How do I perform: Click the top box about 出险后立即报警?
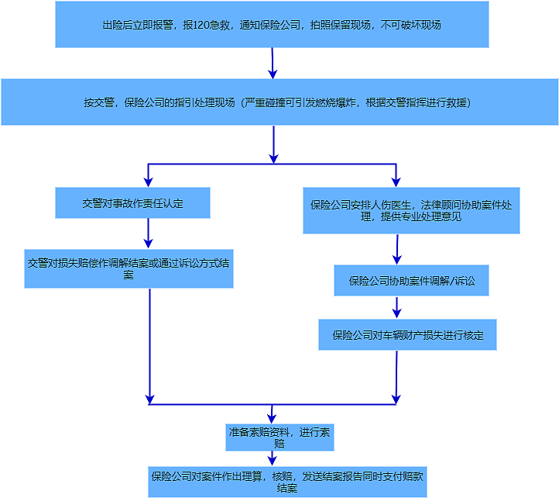[272, 24]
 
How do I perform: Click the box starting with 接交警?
[279, 102]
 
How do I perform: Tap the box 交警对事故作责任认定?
[132, 202]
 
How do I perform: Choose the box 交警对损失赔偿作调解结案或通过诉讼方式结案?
[128, 268]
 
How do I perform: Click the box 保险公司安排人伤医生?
[410, 210]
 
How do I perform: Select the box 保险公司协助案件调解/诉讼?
[411, 280]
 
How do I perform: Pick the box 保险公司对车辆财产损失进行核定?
[407, 335]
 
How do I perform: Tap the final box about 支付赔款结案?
[287, 482]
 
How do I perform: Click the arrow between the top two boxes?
[273, 63]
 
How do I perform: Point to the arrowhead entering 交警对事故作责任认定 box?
[148, 182]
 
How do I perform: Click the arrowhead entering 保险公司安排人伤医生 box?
[396, 182]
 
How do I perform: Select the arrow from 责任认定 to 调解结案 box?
[148, 233]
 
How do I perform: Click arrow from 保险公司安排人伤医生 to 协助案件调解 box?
[397, 249]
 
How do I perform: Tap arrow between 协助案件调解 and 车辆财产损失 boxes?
[397, 307]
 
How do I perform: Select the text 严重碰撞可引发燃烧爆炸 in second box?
[298, 102]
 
